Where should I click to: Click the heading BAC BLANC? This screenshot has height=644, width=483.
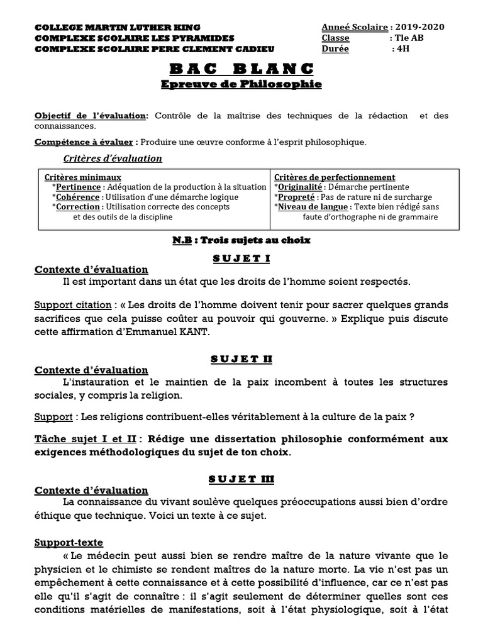tap(241, 69)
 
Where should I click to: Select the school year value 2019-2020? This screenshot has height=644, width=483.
tap(420, 27)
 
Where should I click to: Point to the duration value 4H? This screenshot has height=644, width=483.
tap(401, 48)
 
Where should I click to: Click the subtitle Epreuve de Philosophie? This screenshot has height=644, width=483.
tap(241, 84)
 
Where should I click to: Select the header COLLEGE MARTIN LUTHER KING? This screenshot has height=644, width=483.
tap(118, 28)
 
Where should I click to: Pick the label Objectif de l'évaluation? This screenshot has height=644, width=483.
tap(91, 116)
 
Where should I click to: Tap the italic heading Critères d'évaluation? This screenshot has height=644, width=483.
tap(113, 158)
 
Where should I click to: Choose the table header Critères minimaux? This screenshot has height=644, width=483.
tap(84, 177)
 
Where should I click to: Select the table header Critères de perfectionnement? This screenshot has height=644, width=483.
tap(335, 177)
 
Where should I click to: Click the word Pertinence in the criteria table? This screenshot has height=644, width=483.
tap(78, 187)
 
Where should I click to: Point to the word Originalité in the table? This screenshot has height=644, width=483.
tap(301, 187)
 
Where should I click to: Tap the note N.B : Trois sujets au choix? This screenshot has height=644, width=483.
tap(241, 240)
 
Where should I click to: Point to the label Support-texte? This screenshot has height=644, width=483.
tap(69, 542)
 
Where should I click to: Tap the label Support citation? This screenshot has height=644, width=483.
tap(72, 305)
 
